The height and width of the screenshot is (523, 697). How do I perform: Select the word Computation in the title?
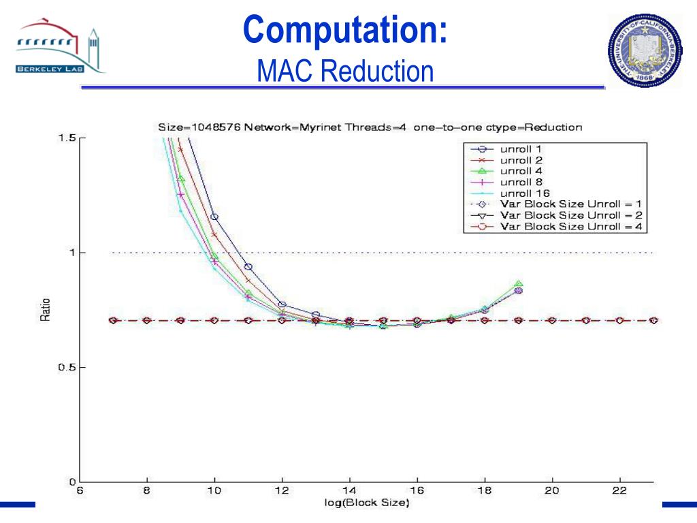coord(344,30)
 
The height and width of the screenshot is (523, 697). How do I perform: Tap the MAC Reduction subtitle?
coord(344,71)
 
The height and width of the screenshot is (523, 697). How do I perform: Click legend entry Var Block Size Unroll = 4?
coord(570,226)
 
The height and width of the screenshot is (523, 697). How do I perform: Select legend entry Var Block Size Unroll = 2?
coord(570,215)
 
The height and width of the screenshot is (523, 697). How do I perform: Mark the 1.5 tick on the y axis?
coord(66,138)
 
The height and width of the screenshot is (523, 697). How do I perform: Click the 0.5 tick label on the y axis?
coord(66,368)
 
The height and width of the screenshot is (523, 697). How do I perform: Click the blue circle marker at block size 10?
coord(214,217)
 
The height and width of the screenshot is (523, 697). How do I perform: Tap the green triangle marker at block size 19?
coord(519,284)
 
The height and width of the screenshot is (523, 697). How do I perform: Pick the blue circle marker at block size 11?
coord(248,267)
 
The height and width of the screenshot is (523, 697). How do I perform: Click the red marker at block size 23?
coord(653,320)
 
